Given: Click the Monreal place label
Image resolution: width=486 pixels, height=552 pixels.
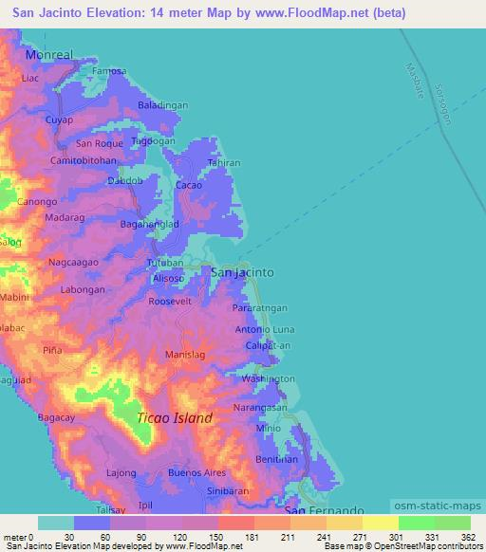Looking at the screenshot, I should [49, 55].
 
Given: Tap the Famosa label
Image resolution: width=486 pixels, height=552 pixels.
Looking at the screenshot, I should [109, 71].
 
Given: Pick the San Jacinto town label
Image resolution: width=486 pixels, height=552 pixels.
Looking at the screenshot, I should [241, 272].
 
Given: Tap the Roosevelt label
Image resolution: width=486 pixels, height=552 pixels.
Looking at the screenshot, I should [171, 301].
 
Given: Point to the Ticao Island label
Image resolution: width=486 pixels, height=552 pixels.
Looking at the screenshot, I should [176, 418].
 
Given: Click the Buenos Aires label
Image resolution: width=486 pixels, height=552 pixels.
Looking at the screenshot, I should [197, 472].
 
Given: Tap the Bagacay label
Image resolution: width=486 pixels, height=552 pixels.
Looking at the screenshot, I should [56, 417].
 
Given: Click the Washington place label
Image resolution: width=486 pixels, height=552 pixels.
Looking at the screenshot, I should [269, 378].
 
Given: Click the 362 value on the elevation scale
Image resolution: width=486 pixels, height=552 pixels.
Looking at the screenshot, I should [468, 537].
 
